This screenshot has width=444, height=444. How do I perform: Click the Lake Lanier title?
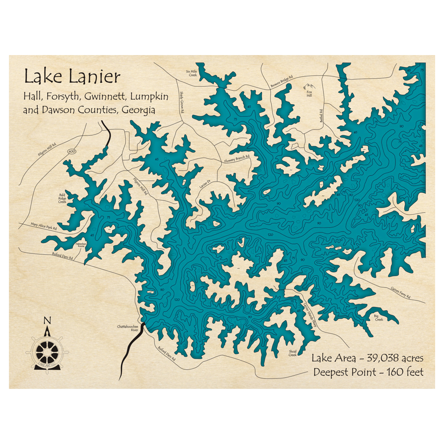(72, 77)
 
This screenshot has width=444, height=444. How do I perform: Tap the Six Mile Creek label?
(192, 73)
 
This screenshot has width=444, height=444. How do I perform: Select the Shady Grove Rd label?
(182, 100)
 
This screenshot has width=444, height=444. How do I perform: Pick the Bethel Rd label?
(320, 116)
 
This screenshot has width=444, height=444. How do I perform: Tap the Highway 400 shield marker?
(71, 152)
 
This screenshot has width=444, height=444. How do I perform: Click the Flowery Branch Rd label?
(237, 158)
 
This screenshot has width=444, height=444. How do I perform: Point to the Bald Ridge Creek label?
(62, 198)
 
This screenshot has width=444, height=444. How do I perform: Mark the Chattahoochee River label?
(128, 329)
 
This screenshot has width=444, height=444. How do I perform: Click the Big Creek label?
(379, 317)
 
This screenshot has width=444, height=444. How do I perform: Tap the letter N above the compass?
(48, 321)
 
